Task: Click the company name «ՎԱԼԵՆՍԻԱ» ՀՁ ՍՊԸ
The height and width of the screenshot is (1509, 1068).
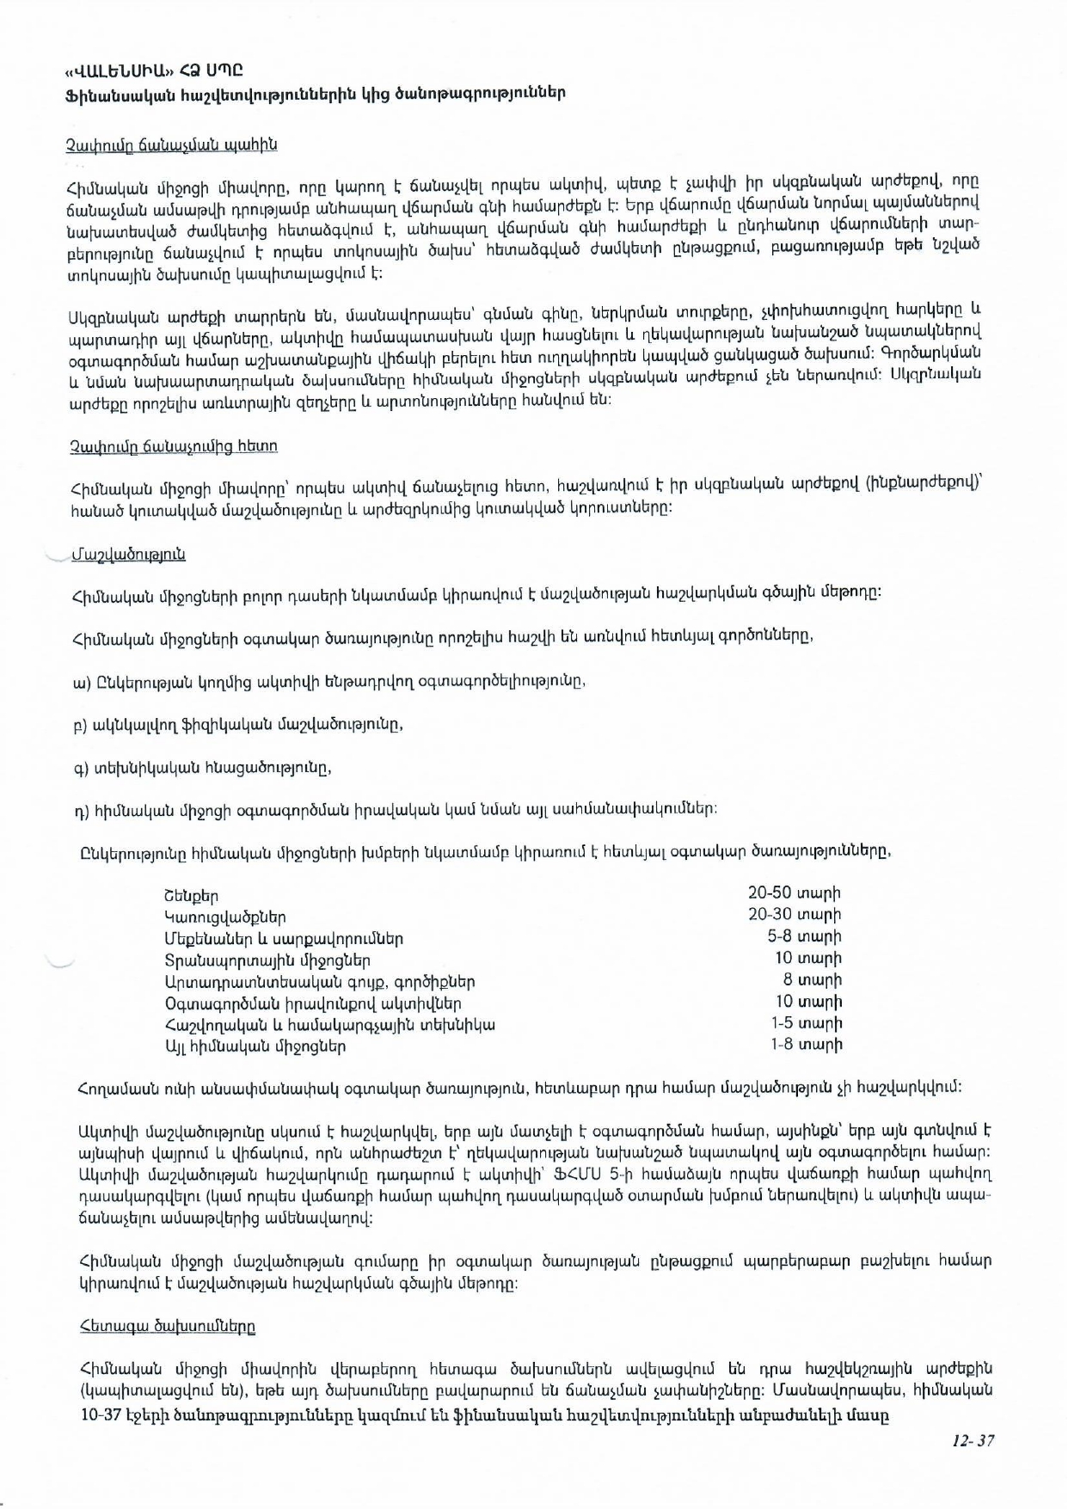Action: (152, 70)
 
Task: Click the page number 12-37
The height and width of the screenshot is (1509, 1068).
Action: (973, 1440)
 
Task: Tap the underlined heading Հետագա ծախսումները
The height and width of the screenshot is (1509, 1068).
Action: (167, 1326)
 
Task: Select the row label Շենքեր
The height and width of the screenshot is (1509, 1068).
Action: (191, 896)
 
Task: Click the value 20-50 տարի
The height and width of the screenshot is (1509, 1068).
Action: (794, 893)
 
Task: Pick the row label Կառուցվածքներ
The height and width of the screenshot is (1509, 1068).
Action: (225, 917)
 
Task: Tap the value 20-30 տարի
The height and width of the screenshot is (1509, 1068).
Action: (794, 914)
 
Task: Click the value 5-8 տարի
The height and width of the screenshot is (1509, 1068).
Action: (804, 936)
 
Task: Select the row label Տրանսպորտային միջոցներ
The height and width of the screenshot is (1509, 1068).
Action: (267, 960)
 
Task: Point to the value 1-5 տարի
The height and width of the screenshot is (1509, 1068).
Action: (806, 1023)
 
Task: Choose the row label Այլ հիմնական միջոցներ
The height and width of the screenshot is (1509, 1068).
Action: (255, 1046)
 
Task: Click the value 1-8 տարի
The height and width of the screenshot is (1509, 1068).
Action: (806, 1045)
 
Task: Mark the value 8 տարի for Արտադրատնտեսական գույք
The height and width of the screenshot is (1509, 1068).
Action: (812, 979)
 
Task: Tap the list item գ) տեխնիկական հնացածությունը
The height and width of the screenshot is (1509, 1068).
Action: (203, 768)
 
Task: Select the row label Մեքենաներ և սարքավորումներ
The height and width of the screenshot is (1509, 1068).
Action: (284, 939)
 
